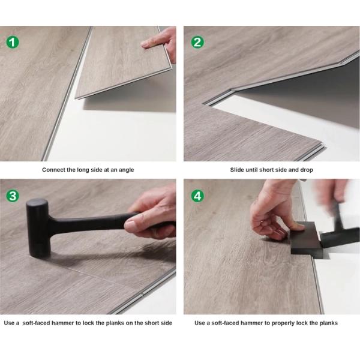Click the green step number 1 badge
13,43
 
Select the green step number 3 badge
13,196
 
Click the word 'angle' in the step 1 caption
125,170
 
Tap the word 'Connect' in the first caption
54,170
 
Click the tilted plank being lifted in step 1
120,72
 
